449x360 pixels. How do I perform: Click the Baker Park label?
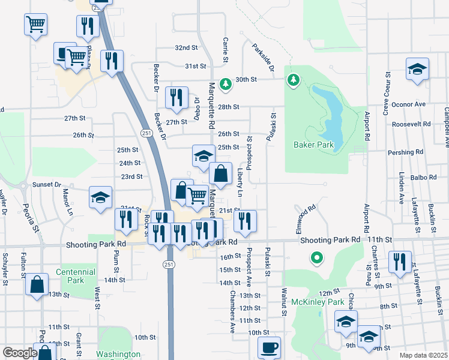[313, 145]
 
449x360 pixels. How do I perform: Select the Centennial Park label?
[76, 276]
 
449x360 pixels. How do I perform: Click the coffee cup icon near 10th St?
[269, 347]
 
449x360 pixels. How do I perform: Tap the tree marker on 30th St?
[225, 85]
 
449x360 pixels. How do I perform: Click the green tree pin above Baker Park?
[293, 80]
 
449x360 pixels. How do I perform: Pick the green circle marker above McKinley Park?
[316, 259]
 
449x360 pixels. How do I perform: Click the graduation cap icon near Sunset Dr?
[100, 197]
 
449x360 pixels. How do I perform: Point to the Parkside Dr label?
[263, 57]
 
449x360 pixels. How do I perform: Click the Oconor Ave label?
[408, 104]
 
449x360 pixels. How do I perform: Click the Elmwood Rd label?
[305, 214]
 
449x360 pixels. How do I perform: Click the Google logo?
[20, 353]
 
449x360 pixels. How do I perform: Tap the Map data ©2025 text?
[423, 356]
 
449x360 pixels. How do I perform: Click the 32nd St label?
[186, 47]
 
